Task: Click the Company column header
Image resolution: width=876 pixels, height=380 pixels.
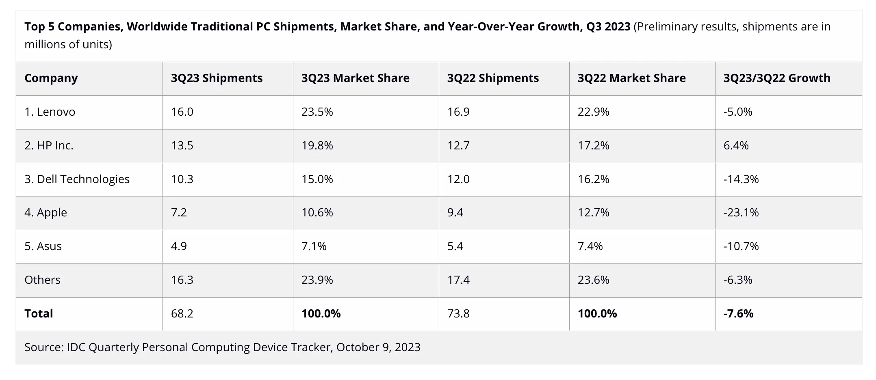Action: (x=51, y=78)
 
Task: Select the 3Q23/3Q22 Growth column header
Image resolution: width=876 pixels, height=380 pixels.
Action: (x=776, y=78)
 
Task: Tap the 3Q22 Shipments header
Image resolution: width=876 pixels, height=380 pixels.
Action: (x=493, y=78)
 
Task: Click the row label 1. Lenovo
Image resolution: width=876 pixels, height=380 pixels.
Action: (x=50, y=112)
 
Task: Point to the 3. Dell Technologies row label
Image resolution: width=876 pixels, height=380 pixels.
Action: (x=77, y=179)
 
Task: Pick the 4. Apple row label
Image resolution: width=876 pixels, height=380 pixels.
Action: (x=46, y=212)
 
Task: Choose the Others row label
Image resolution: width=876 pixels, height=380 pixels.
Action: (x=42, y=280)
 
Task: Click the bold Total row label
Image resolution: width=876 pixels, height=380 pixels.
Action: (x=39, y=313)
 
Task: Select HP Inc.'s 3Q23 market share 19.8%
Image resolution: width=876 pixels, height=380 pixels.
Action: (x=317, y=145)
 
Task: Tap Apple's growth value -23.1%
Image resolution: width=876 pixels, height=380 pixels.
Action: (x=741, y=212)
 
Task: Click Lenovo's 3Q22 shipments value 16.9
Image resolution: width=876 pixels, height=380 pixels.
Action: (x=458, y=112)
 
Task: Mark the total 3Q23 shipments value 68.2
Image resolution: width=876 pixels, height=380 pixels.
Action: (x=182, y=313)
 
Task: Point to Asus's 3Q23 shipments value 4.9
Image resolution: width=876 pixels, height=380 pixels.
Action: (x=179, y=246)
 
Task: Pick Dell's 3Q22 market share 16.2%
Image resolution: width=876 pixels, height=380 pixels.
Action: (x=593, y=179)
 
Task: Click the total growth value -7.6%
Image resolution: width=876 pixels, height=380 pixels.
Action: (x=738, y=313)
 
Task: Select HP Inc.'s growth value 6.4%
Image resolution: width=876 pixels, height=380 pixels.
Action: (x=736, y=145)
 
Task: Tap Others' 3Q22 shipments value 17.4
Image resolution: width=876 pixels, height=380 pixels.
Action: (x=458, y=280)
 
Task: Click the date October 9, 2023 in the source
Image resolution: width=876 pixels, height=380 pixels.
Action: (x=378, y=347)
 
